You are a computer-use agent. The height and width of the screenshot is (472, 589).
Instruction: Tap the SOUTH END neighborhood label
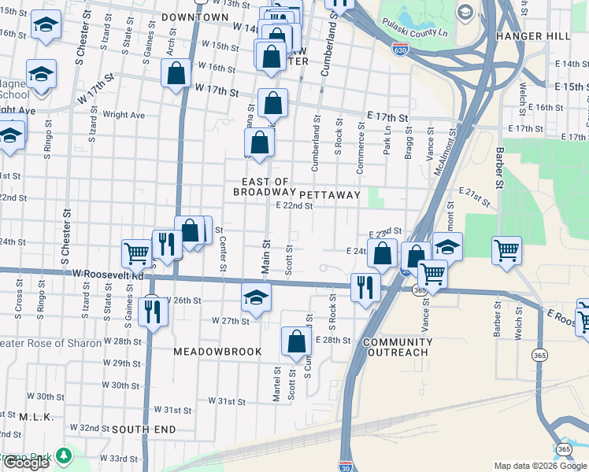[144, 430]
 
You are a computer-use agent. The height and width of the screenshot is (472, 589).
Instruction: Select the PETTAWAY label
[329, 194]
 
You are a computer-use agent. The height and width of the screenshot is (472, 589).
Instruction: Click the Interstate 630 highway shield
[400, 49]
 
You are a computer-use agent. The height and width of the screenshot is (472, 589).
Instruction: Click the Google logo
[25, 463]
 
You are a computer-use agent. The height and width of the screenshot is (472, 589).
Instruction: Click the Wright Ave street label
[124, 115]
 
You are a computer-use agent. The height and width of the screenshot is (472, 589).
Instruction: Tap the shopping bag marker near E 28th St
[296, 341]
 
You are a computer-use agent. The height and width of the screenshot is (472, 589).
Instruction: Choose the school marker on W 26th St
[256, 297]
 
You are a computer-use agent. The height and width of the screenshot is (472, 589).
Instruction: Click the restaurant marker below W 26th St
[150, 312]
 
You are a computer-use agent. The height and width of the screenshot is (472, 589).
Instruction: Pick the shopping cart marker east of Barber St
[506, 250]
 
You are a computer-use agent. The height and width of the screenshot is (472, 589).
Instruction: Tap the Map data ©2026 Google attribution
[539, 466]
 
